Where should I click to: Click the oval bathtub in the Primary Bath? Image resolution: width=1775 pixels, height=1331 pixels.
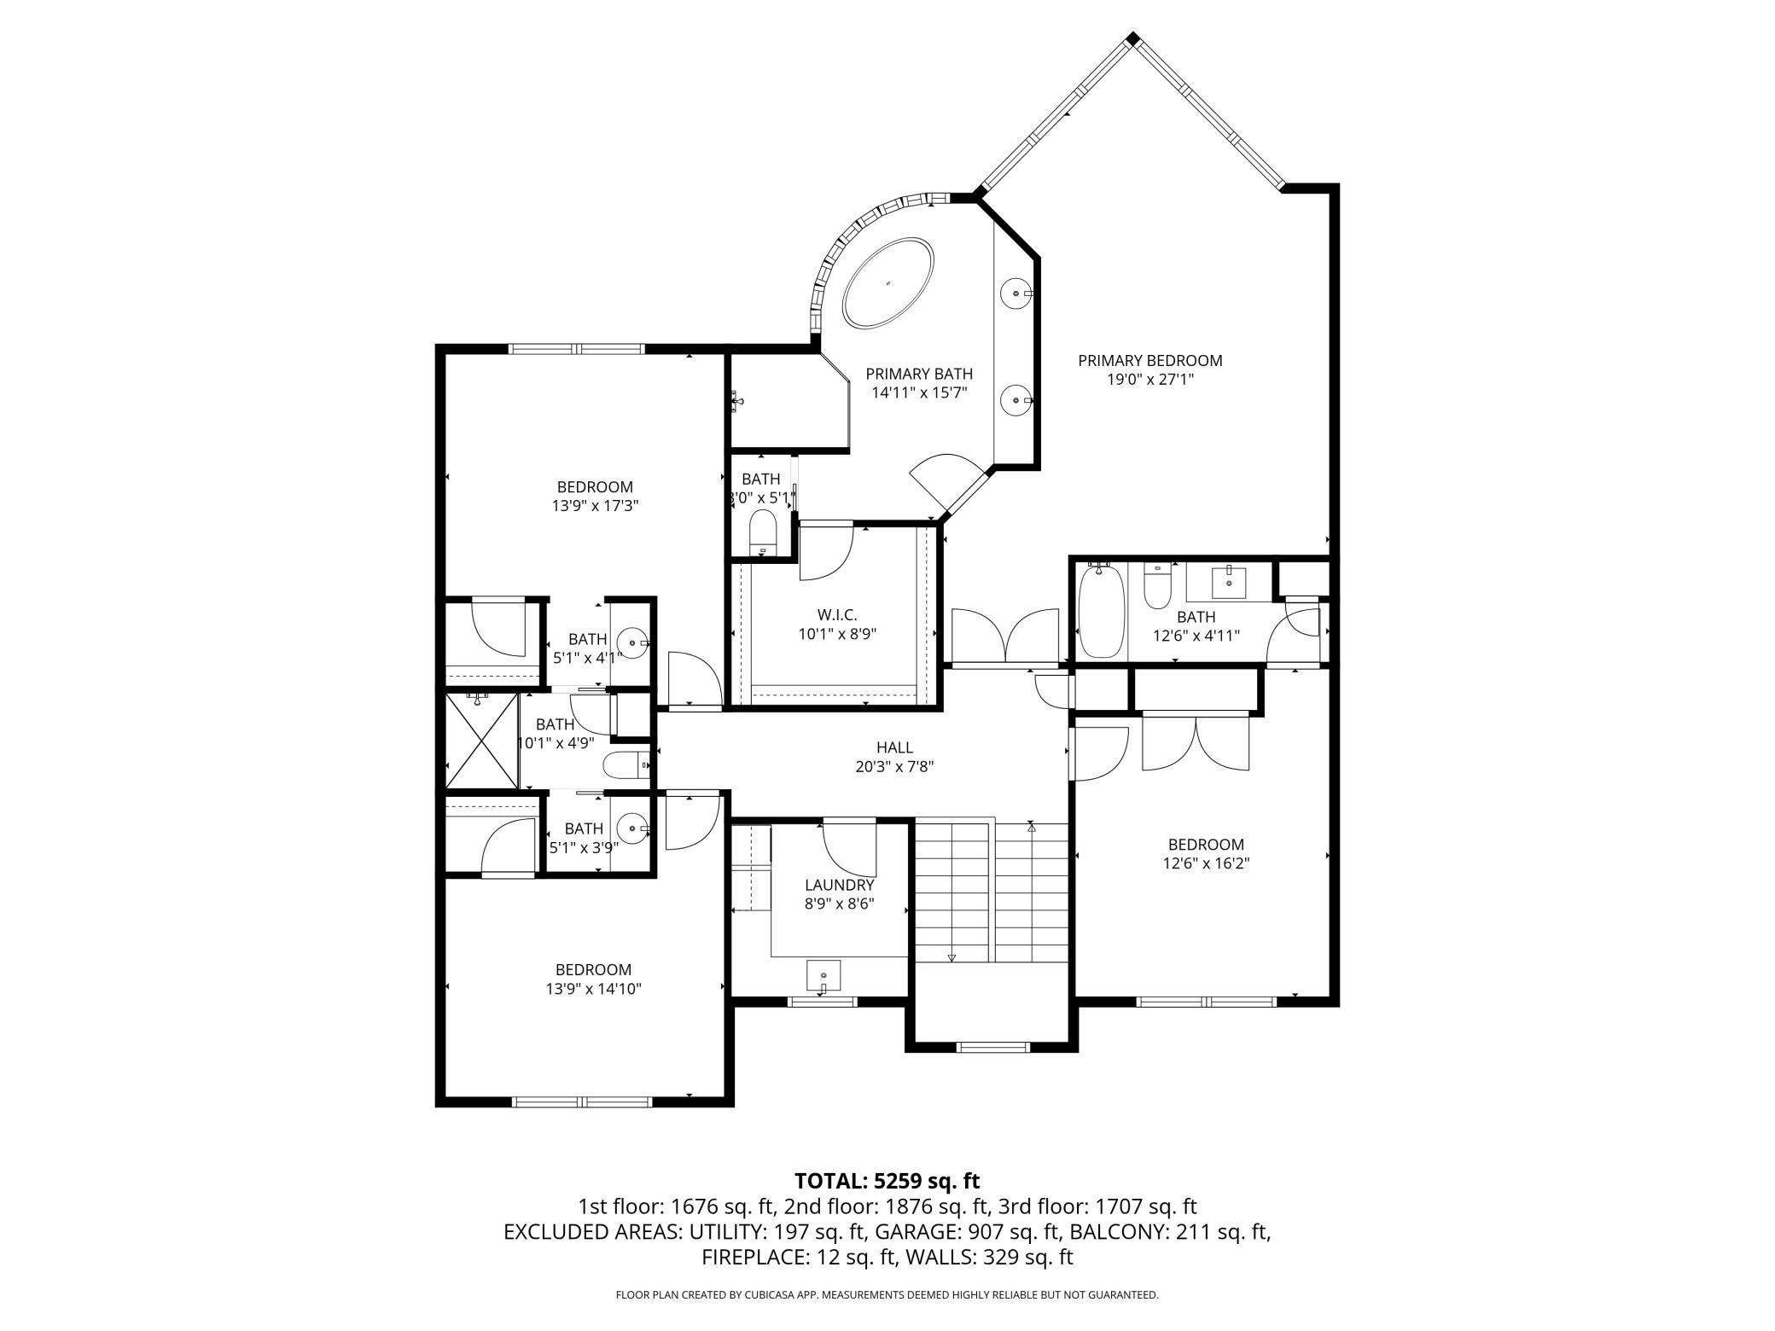coord(887,282)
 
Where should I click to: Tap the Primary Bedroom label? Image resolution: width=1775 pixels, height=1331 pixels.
coord(1149,361)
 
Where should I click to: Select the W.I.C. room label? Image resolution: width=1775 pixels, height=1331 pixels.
coord(836,614)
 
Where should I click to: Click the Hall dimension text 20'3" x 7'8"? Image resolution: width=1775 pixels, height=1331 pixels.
coord(894,766)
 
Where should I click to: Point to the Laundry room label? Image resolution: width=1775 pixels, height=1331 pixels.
coord(839,885)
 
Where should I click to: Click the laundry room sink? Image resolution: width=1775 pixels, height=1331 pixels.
coord(823,975)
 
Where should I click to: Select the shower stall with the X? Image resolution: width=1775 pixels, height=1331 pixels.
coord(482,741)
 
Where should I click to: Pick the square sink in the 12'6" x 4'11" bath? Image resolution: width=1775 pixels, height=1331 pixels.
coord(1228,584)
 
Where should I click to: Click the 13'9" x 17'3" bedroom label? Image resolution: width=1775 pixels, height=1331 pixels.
coord(595,487)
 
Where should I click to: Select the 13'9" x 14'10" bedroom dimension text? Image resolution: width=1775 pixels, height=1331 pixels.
coord(594,989)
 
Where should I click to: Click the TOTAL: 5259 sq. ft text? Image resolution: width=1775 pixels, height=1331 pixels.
coord(887,1181)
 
